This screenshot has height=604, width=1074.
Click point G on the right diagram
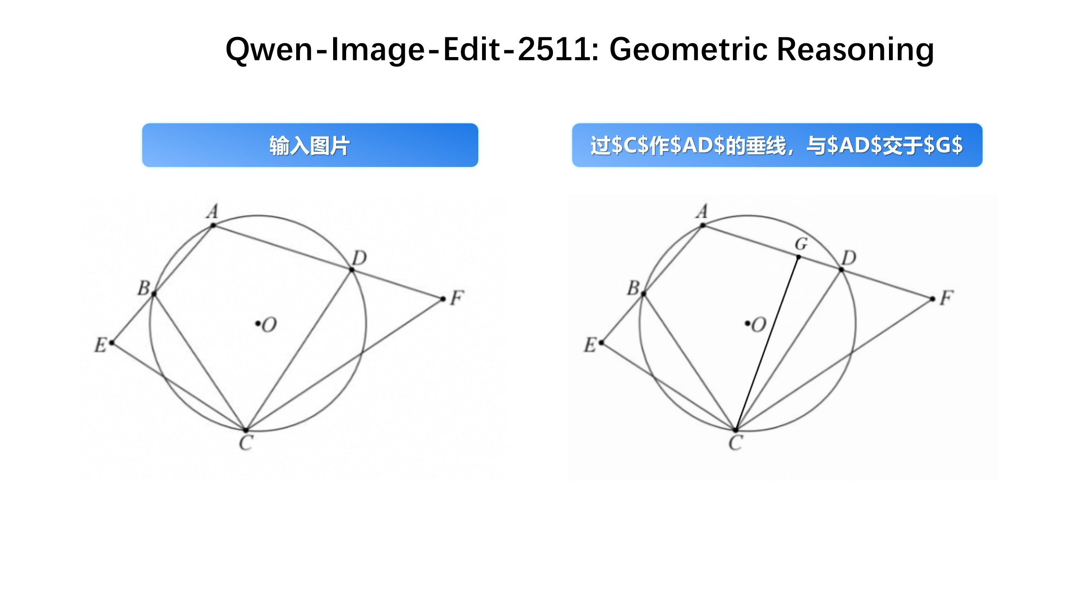[x=798, y=257]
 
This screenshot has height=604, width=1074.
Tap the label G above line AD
[x=801, y=244]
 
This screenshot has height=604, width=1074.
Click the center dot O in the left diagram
[x=257, y=323]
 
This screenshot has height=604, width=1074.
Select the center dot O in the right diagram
[x=747, y=323]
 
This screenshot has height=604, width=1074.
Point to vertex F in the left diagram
[x=443, y=299]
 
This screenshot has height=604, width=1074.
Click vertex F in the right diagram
[x=933, y=299]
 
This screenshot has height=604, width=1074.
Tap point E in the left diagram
[x=112, y=343]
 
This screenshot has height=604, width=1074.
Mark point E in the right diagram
[x=602, y=343]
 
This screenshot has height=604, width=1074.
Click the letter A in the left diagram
[x=213, y=211]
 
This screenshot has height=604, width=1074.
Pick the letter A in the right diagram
[x=702, y=211]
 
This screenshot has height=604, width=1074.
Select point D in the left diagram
[x=352, y=270]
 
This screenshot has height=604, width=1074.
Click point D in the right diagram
[x=841, y=270]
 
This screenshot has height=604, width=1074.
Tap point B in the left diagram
[x=154, y=294]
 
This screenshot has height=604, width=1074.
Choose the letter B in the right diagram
[x=633, y=289]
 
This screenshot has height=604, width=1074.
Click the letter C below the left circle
[x=246, y=443]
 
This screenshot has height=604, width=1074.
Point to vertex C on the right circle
[x=735, y=430]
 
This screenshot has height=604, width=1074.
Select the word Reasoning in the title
[x=856, y=49]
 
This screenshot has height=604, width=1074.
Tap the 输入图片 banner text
[x=310, y=146]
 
